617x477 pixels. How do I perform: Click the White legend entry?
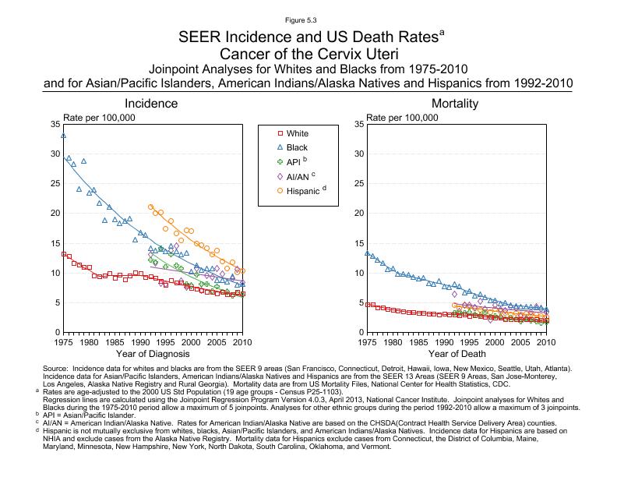(297, 134)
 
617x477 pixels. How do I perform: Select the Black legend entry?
(297, 147)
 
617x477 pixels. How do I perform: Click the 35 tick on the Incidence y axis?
(54, 125)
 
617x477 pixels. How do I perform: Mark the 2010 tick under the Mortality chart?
(546, 342)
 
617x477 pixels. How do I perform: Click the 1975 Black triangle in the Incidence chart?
(63, 136)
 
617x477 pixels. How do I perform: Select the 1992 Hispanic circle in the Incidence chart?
(150, 207)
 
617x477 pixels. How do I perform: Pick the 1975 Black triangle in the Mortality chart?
(367, 253)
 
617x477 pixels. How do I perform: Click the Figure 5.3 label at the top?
(308, 18)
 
